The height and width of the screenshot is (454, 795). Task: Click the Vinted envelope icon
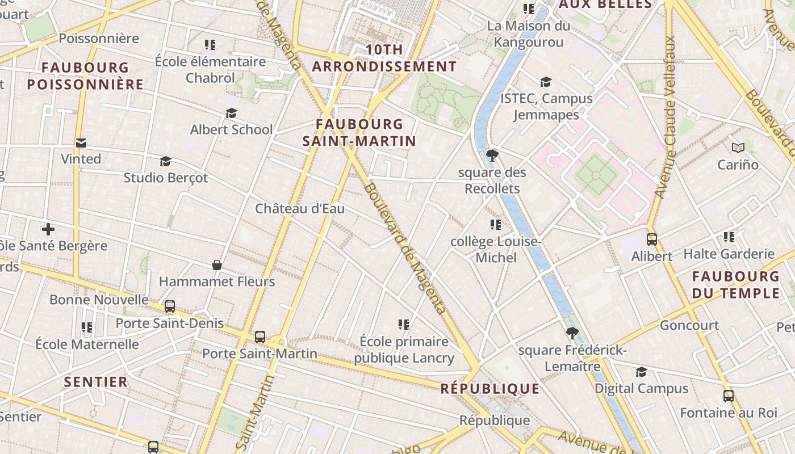pos(81,143)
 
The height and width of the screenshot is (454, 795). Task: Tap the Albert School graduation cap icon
pos(231,113)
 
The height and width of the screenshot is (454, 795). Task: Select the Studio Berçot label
pos(166,178)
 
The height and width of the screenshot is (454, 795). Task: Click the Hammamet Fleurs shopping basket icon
pos(217,265)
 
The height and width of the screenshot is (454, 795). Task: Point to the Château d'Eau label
pos(300,208)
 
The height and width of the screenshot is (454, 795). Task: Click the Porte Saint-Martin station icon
pos(260,337)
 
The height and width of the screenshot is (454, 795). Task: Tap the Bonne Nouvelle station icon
pos(170,306)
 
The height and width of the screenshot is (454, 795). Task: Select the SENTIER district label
pos(96,382)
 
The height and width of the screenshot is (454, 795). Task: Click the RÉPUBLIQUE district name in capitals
pos(490,389)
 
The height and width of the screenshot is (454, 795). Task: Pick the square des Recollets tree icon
pos(492,155)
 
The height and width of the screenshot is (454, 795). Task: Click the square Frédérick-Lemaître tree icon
pos(572,334)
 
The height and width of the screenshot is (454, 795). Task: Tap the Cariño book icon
pos(738,148)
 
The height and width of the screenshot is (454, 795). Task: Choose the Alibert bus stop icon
pos(652,239)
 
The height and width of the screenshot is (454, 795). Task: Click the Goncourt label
pos(689,326)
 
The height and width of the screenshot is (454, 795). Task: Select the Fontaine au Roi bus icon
pos(729,396)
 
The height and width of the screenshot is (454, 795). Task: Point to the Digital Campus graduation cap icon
pos(641,372)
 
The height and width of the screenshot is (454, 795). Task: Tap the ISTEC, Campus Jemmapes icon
pos(546,82)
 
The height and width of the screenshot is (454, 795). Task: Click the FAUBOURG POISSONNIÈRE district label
pos(85,76)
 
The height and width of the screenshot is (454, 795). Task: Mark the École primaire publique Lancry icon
pos(404,325)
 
